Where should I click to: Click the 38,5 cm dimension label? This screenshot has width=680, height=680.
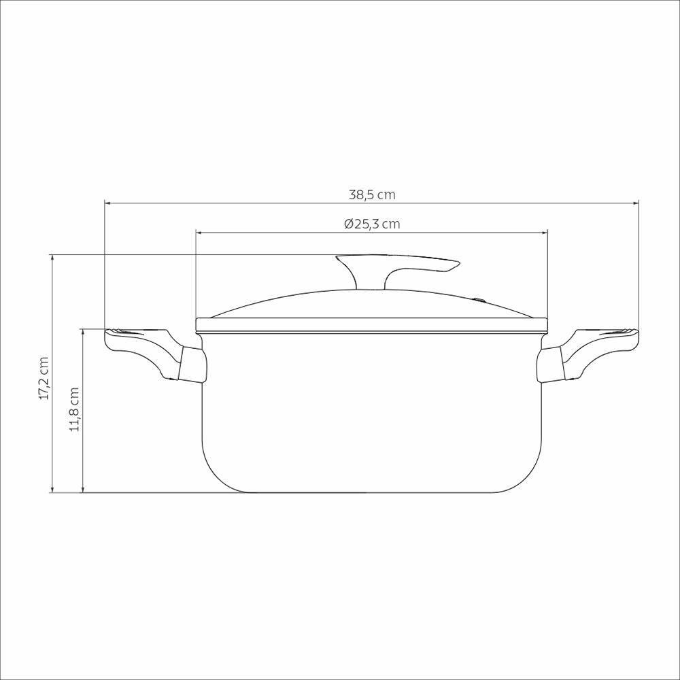point(372,194)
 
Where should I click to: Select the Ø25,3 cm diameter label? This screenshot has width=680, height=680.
point(372,224)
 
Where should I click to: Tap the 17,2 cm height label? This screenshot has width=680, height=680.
point(44,378)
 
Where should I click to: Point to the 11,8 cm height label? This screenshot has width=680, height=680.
point(74,409)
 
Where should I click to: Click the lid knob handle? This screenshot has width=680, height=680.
point(398,267)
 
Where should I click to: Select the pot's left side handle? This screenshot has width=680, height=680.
point(146,350)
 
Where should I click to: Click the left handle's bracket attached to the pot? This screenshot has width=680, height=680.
point(192,365)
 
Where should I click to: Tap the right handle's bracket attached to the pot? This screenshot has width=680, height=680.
point(551,365)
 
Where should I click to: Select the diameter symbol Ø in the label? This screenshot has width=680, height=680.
point(348,224)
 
